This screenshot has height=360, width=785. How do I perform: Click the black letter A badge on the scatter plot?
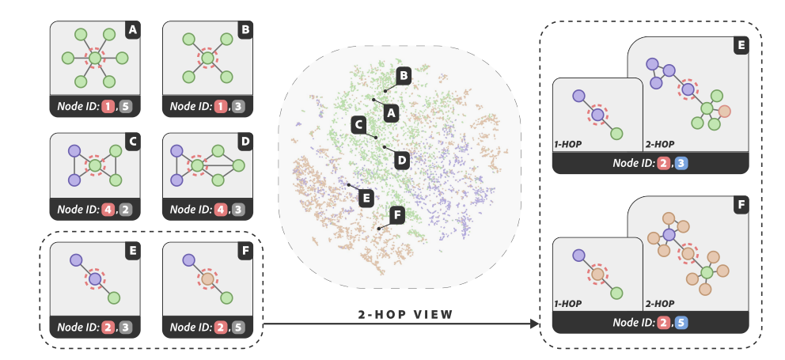tap(389, 113)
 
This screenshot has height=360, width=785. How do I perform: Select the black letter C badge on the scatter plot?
tap(358, 124)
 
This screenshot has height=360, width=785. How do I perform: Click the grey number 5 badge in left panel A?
tap(123, 103)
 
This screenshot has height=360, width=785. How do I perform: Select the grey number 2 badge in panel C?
tap(123, 210)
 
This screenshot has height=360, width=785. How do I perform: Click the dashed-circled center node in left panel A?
tap(95, 58)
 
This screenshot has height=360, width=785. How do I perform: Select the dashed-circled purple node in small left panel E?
tap(95, 279)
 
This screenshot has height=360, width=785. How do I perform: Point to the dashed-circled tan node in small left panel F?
tap(207, 279)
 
